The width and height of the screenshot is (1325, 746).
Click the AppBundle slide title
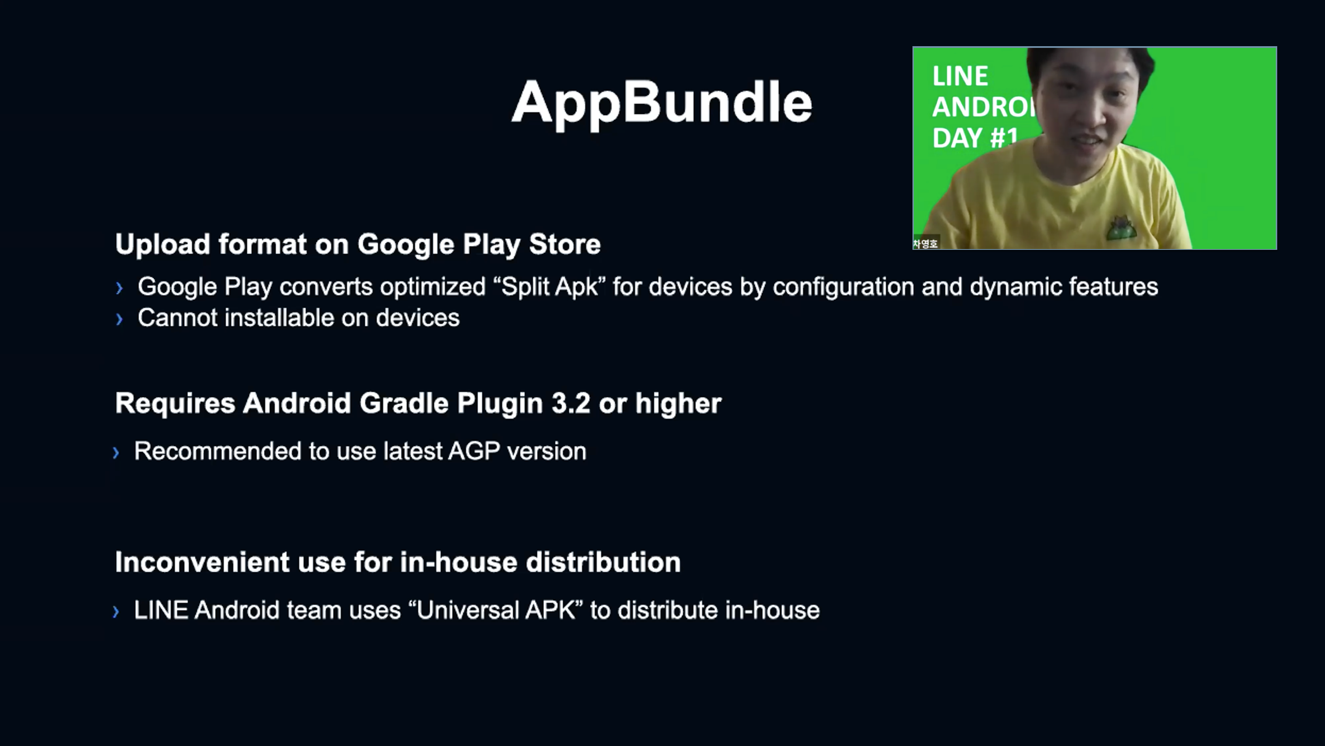pos(661,103)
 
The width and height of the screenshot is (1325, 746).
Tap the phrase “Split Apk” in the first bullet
pos(549,287)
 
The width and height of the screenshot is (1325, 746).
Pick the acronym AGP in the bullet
pos(474,451)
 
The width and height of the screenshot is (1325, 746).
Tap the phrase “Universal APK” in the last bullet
pos(496,610)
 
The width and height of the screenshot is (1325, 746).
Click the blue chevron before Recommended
pos(116,453)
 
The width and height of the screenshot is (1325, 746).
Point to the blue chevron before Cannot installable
pos(120,320)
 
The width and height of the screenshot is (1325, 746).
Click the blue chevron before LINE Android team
pos(116,612)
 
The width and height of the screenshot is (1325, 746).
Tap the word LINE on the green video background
pos(960,77)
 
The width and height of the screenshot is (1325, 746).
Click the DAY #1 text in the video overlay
pos(975,138)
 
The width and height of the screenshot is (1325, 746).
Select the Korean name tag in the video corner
pos(926,244)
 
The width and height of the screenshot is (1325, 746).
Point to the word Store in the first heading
pos(565,244)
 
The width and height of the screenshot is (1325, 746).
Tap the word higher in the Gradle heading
pos(678,403)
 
